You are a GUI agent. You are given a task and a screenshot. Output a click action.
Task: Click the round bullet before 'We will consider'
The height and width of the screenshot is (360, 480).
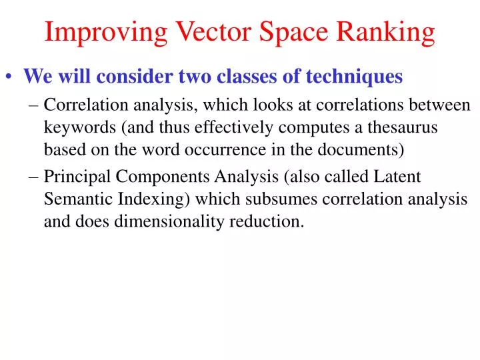(x=11, y=78)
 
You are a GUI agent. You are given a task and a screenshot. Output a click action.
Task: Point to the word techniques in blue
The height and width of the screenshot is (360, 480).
(x=355, y=77)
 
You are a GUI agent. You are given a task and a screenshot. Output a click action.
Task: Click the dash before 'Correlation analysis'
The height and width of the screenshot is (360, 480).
(x=34, y=105)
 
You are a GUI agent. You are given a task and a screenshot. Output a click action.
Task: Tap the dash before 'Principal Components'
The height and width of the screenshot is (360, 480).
(x=34, y=177)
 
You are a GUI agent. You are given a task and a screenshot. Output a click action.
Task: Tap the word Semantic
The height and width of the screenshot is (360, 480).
(x=73, y=199)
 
